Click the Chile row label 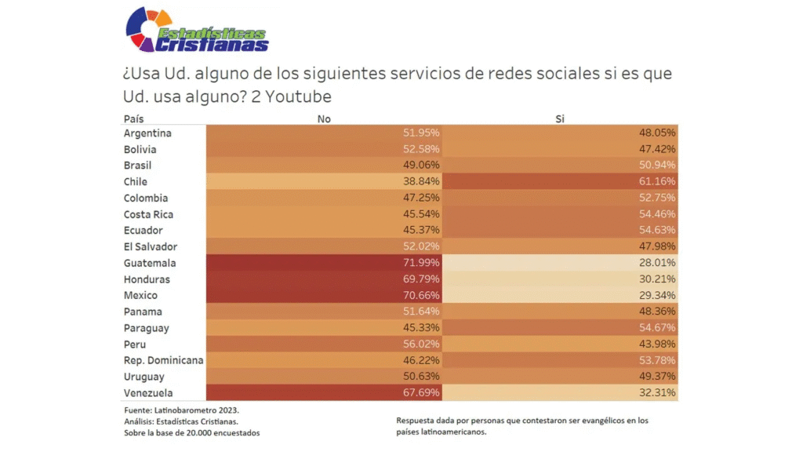tap(136, 182)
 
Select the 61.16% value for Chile tap(658, 182)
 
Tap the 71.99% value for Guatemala tap(422, 263)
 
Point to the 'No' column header tap(324, 118)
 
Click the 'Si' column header tap(559, 118)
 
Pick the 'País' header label tap(133, 118)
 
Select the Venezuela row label tap(148, 393)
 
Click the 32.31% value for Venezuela tap(658, 393)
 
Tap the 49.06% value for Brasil tap(422, 166)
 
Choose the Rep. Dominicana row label tap(163, 360)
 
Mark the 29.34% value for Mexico tap(658, 296)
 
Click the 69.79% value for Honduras tap(422, 279)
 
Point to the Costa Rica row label tap(148, 214)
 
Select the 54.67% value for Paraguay tap(658, 328)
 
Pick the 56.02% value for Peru tap(422, 344)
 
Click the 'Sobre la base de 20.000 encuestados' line tap(191, 432)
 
